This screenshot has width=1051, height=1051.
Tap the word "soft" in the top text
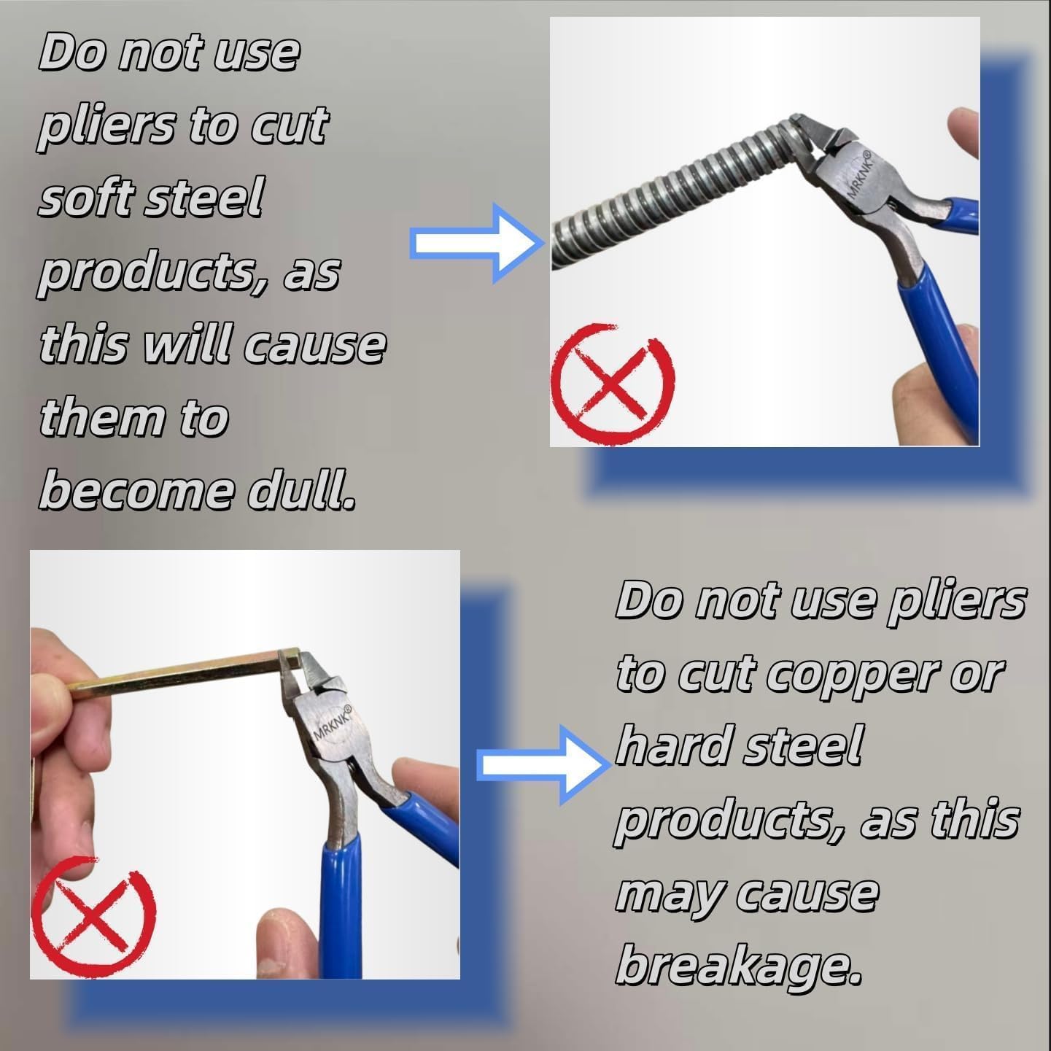89,198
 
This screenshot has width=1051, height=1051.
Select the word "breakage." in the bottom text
739,970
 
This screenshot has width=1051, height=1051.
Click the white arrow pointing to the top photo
477,243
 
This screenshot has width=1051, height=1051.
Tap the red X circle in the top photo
613,385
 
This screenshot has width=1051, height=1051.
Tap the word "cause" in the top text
314,347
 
